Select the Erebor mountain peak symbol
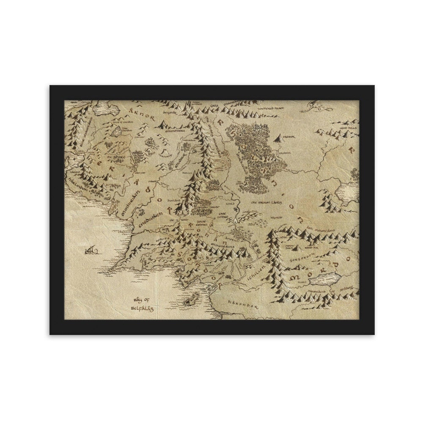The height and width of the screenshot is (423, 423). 277,138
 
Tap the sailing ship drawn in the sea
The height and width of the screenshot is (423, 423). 91,250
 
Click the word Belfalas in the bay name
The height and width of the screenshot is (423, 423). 140,308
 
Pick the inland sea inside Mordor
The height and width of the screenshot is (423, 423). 327,277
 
